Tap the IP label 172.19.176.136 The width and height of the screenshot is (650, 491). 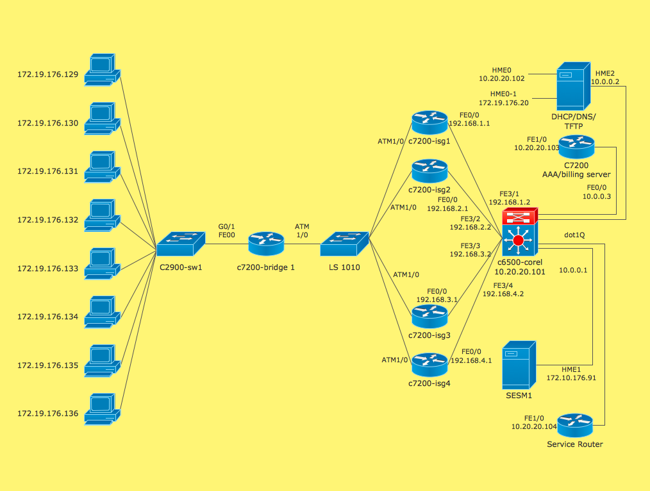[48, 413]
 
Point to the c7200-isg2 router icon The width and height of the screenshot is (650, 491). [429, 171]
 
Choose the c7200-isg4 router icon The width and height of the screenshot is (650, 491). [429, 364]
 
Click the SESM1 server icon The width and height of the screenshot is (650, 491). [519, 364]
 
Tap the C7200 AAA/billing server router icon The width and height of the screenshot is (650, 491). [577, 147]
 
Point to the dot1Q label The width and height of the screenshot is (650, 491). [574, 235]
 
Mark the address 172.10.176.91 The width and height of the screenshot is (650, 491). [571, 378]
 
